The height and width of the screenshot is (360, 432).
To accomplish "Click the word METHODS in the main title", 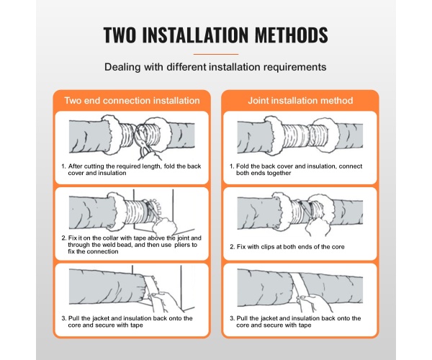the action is tap(291, 35).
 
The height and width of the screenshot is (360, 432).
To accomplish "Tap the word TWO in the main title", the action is tap(120, 35).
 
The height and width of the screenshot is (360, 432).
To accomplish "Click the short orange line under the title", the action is tap(216, 54).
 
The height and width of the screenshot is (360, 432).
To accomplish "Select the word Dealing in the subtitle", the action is tap(122, 67).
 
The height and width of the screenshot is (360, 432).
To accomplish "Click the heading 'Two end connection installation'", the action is tap(132, 101).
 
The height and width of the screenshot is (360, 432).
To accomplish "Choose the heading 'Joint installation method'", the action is tap(300, 101).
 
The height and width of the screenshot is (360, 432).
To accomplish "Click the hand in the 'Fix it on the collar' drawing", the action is tap(165, 226).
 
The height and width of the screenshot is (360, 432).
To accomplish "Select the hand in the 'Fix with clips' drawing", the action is tap(318, 227).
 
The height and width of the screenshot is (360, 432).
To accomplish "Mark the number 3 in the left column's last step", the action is tap(63, 318).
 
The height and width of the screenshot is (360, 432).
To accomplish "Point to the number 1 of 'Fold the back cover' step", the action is tap(231, 166).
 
